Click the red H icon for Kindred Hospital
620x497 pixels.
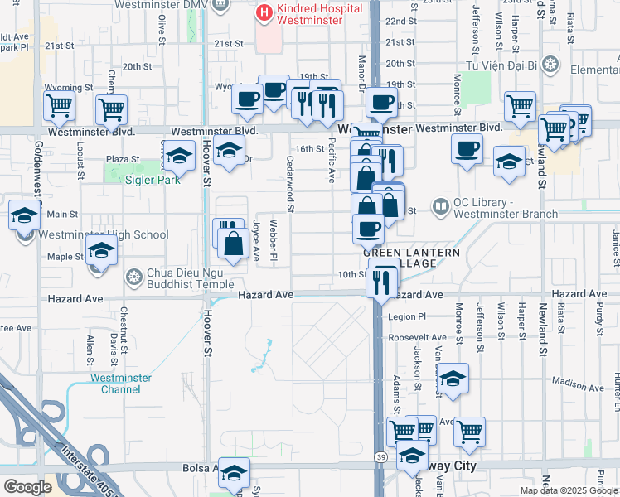264,12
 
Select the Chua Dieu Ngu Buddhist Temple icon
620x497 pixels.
133,276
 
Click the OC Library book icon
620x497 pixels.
439,205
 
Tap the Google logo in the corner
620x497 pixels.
27,487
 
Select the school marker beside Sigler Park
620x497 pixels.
178,155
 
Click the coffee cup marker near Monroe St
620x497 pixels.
467,148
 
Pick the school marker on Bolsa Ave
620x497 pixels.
234,473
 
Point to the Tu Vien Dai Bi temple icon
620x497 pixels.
550,65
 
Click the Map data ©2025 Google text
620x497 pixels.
569,490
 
